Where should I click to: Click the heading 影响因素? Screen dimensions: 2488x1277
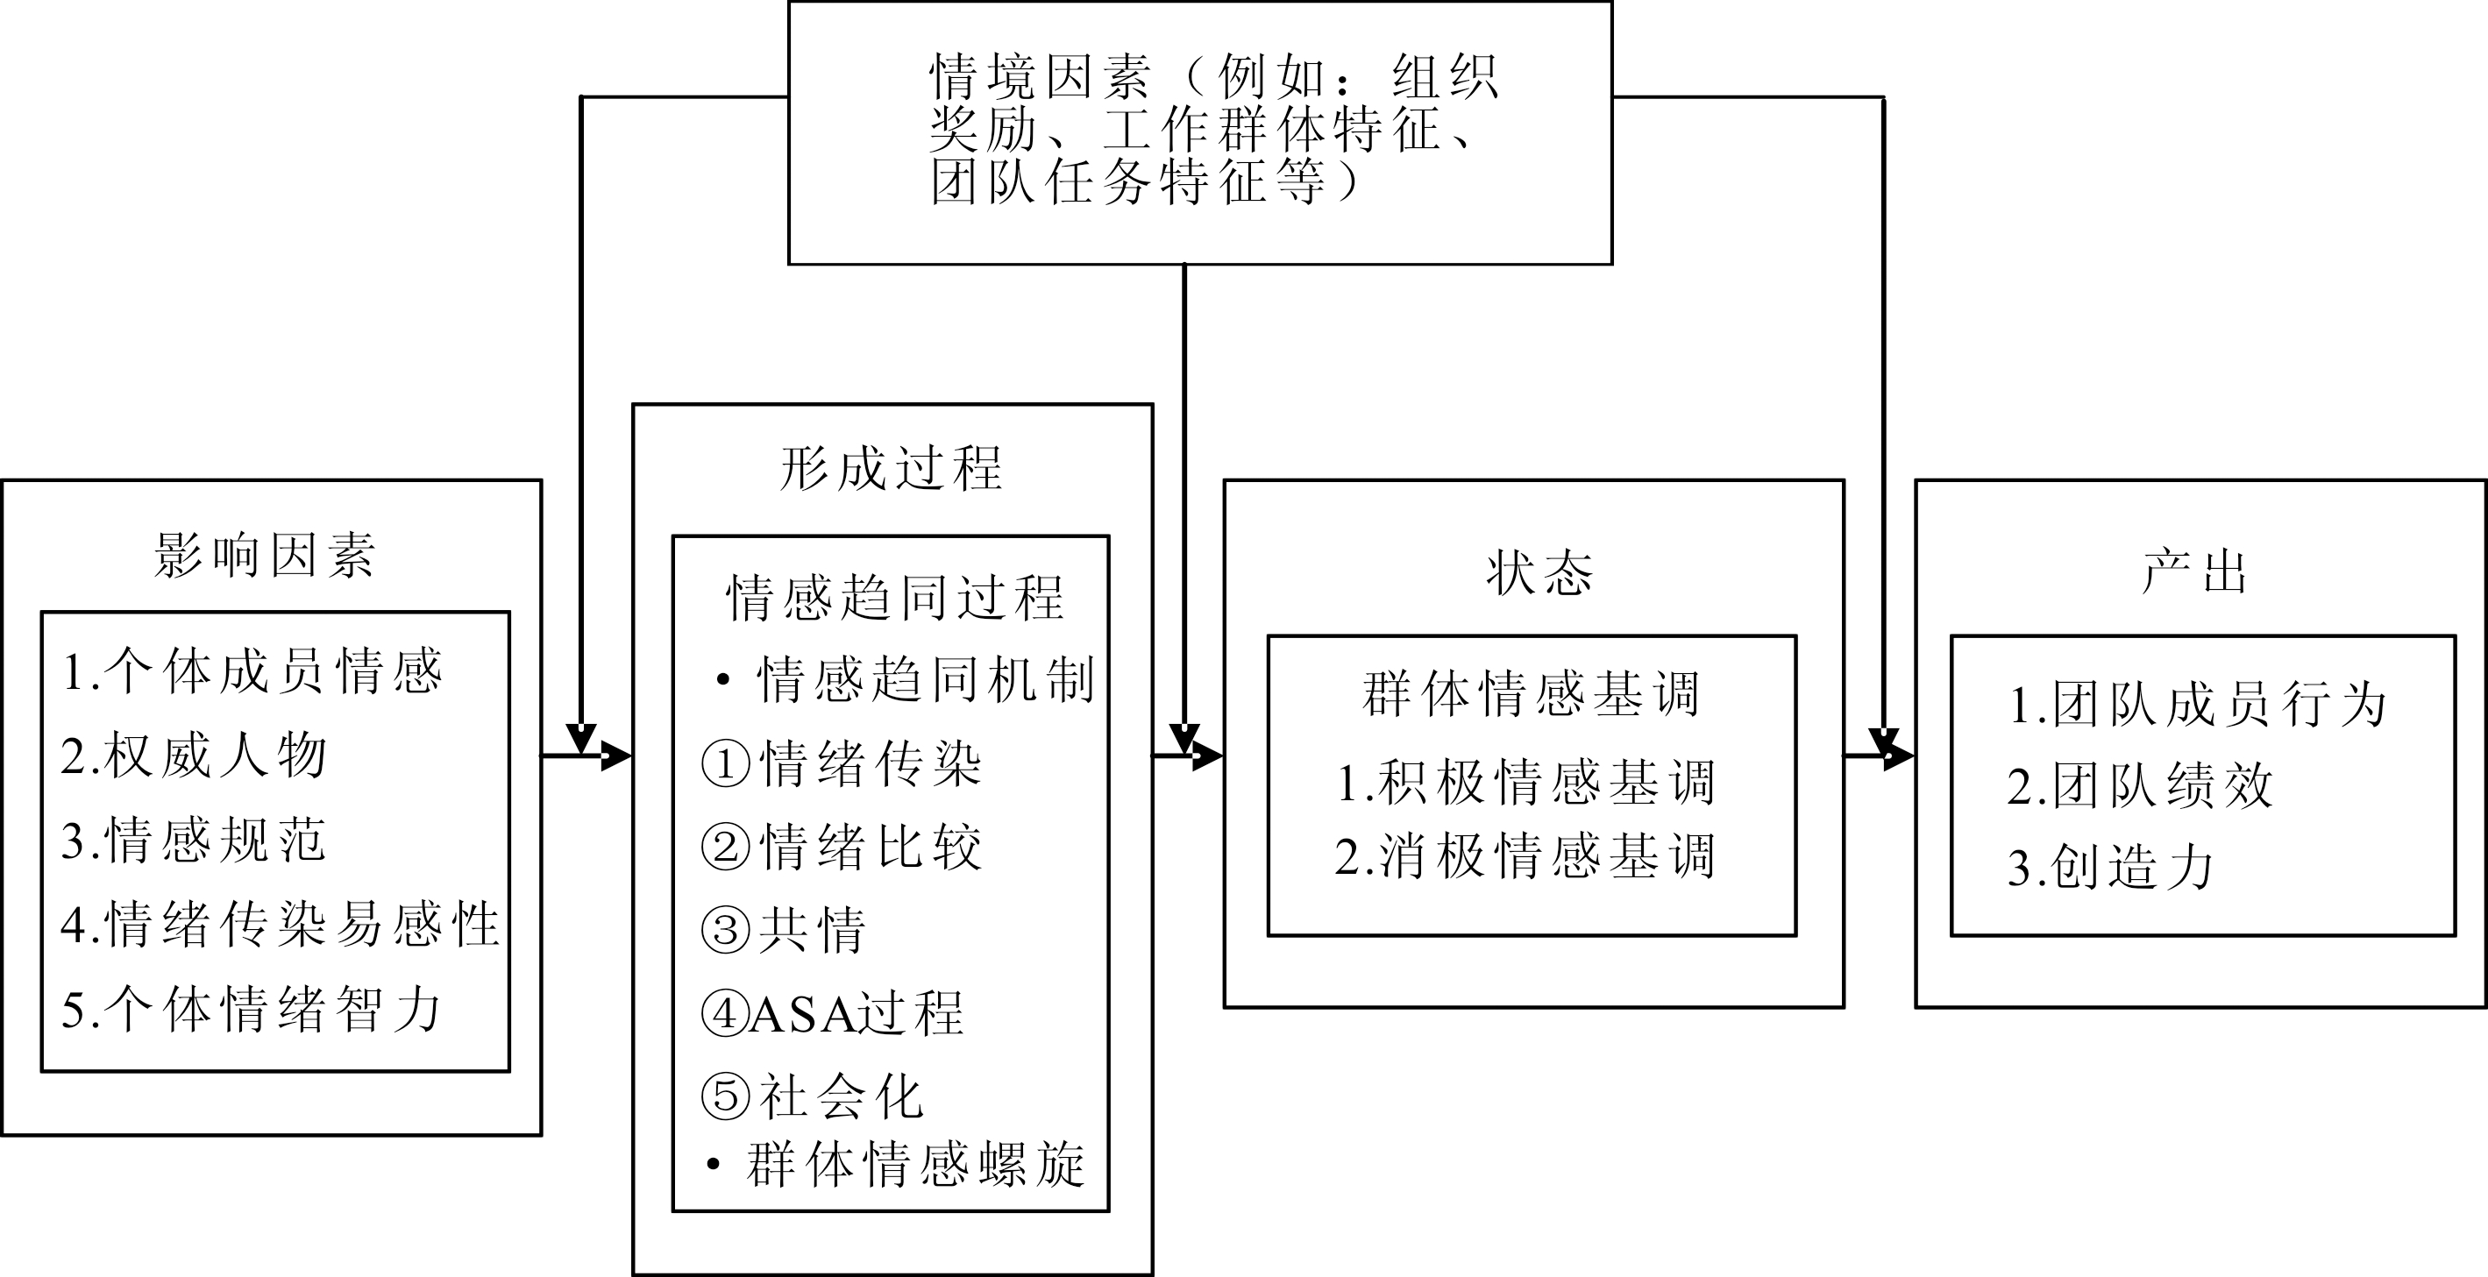264,556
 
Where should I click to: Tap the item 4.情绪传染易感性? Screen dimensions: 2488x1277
280,924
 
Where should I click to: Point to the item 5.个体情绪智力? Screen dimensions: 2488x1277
251,1009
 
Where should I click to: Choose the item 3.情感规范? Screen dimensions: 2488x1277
194,839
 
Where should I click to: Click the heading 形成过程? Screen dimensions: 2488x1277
891,469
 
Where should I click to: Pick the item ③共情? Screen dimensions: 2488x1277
783,930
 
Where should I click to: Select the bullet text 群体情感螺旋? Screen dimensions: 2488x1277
915,1164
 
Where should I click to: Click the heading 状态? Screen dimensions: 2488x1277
1539,573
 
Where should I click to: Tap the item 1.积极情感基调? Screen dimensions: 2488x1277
1526,782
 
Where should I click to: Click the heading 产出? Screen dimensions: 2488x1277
2194,571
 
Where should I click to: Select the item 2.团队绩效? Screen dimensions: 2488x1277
2140,784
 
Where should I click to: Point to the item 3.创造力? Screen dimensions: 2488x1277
2111,867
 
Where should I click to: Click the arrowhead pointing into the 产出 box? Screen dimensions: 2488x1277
1899,756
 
